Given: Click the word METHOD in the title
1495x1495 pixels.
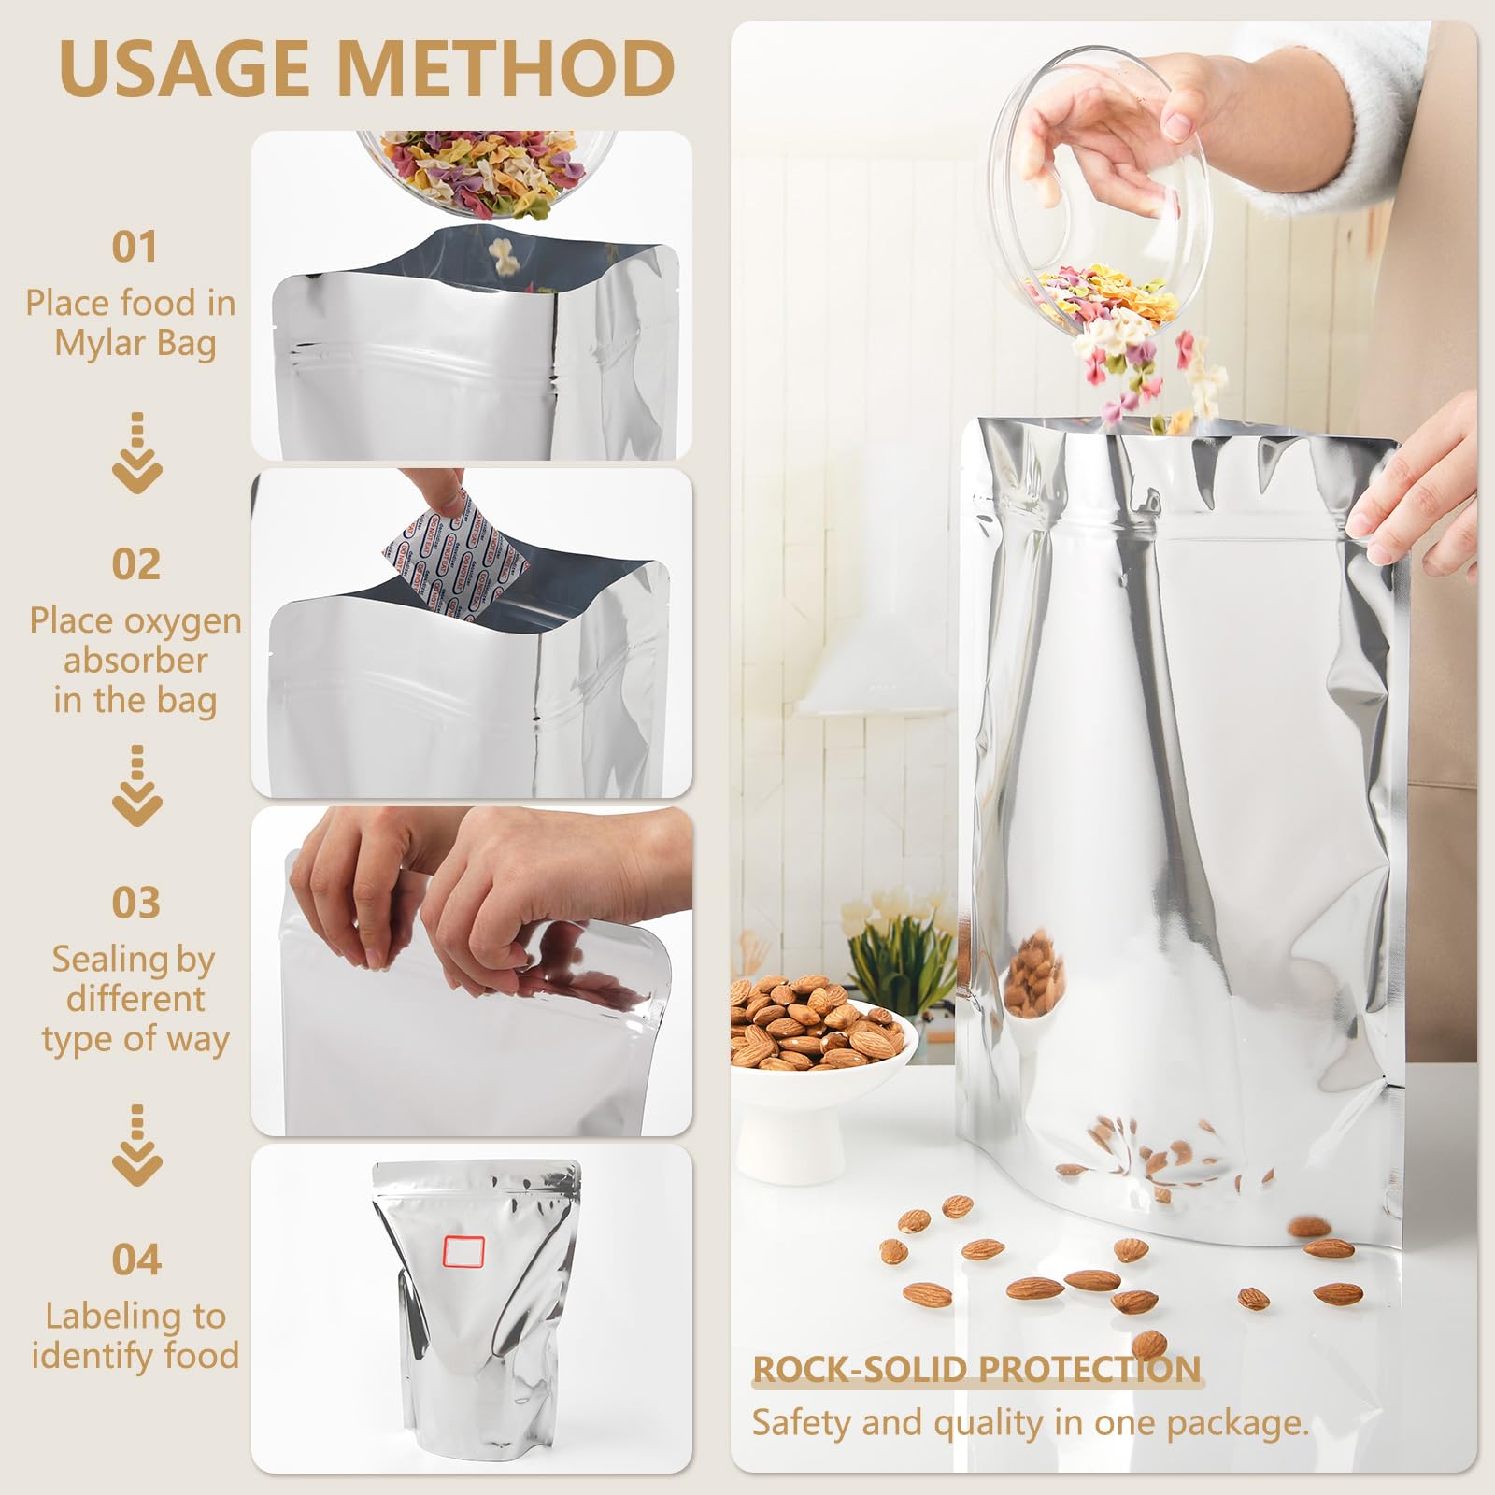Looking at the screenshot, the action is (x=505, y=67).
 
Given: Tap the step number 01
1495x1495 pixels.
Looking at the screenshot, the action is (x=135, y=248).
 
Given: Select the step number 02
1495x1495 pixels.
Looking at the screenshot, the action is (x=136, y=564).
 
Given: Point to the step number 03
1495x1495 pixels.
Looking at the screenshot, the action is (x=136, y=903).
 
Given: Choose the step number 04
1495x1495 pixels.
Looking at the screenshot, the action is (x=136, y=1260).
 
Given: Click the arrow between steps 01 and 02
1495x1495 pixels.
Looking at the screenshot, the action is (x=137, y=453).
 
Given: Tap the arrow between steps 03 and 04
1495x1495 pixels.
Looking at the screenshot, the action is (x=137, y=1146).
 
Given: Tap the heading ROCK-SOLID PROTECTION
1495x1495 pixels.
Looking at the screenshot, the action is (x=976, y=1369).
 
